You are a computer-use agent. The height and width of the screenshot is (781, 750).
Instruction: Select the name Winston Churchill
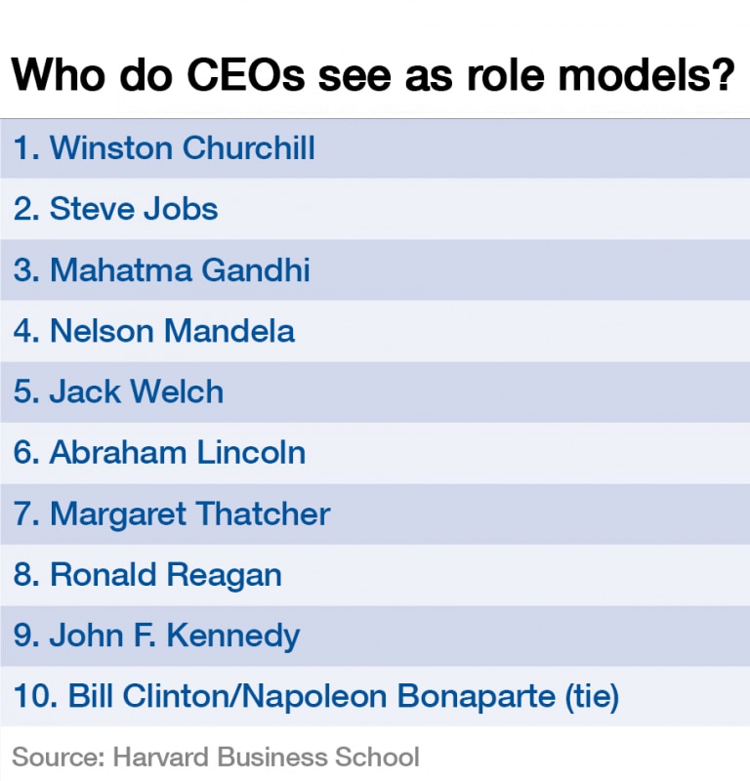(x=182, y=148)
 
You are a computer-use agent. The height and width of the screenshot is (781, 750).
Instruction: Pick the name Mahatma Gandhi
(x=180, y=270)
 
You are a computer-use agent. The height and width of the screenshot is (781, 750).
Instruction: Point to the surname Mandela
(x=229, y=331)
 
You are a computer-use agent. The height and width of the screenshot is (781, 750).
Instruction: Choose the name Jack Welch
(x=136, y=392)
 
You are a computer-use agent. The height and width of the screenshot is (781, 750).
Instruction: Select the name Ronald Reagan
(x=165, y=575)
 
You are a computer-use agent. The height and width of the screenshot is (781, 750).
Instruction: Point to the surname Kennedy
(x=232, y=637)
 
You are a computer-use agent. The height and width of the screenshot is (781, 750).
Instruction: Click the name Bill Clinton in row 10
(x=151, y=697)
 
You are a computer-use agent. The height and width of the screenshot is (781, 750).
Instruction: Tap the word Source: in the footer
(x=57, y=757)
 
